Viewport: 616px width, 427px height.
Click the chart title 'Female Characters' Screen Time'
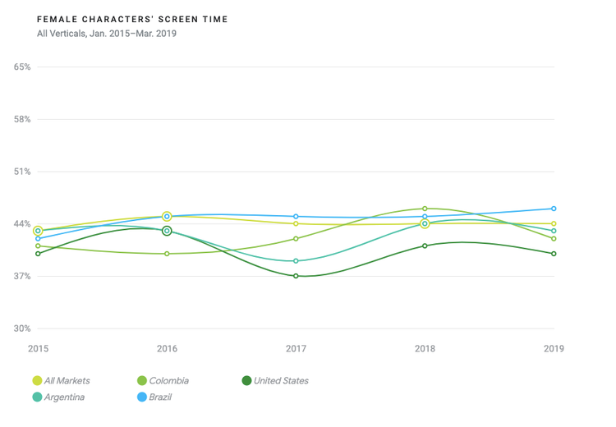coord(133,19)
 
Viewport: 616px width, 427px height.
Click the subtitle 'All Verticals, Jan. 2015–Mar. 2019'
coord(107,34)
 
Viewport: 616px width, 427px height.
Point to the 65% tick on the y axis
coord(22,67)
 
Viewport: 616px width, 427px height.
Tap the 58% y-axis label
coord(22,119)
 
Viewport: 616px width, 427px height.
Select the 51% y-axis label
coord(22,172)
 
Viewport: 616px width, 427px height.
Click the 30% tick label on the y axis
coord(22,328)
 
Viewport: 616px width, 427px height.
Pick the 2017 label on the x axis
coord(296,349)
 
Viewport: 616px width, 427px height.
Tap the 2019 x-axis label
coord(554,349)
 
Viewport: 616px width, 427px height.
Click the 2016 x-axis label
coord(167,349)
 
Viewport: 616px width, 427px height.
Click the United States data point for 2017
coord(296,276)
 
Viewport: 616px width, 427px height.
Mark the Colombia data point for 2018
coord(425,209)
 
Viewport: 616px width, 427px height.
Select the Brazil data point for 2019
coord(554,209)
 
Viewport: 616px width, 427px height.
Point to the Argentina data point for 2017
coord(296,261)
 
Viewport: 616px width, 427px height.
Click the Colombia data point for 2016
coord(167,254)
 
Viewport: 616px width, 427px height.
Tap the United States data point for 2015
coord(38,254)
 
